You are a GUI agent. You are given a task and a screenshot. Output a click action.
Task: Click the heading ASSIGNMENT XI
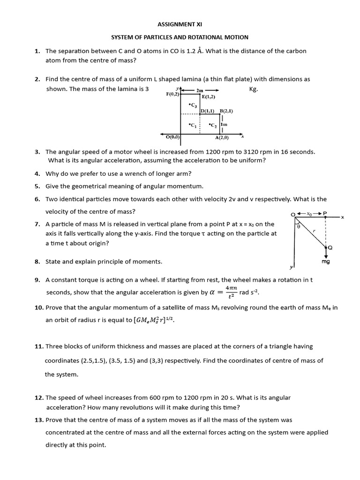pos(180,24)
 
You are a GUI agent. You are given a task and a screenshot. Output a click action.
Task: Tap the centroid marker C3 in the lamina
pos(192,105)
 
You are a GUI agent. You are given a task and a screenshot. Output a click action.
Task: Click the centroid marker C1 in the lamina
pos(192,125)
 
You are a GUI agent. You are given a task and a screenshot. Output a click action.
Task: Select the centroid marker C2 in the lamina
pos(213,125)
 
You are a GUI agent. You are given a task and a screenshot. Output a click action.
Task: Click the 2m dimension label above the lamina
pos(200,90)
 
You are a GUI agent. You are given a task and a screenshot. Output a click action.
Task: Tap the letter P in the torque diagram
pos(325,213)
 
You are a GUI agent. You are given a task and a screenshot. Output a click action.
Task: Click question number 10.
pos(39,307)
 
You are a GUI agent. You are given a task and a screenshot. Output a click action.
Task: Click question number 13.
pos(39,420)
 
